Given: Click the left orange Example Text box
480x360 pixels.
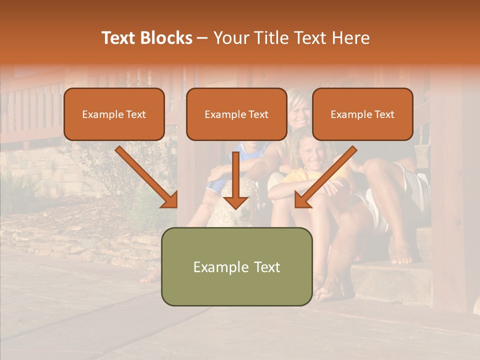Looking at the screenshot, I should pos(114,114).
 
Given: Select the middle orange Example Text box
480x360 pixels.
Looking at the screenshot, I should pos(236,114).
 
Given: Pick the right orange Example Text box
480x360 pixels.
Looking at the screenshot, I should pos(362,114).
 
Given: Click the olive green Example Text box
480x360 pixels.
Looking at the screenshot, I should pos(236,266).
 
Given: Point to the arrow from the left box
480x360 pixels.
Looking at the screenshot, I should pos(147,177).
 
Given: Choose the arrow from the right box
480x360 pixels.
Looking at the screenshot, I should pos(325,177).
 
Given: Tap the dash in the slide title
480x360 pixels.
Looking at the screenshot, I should pos(202,38).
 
